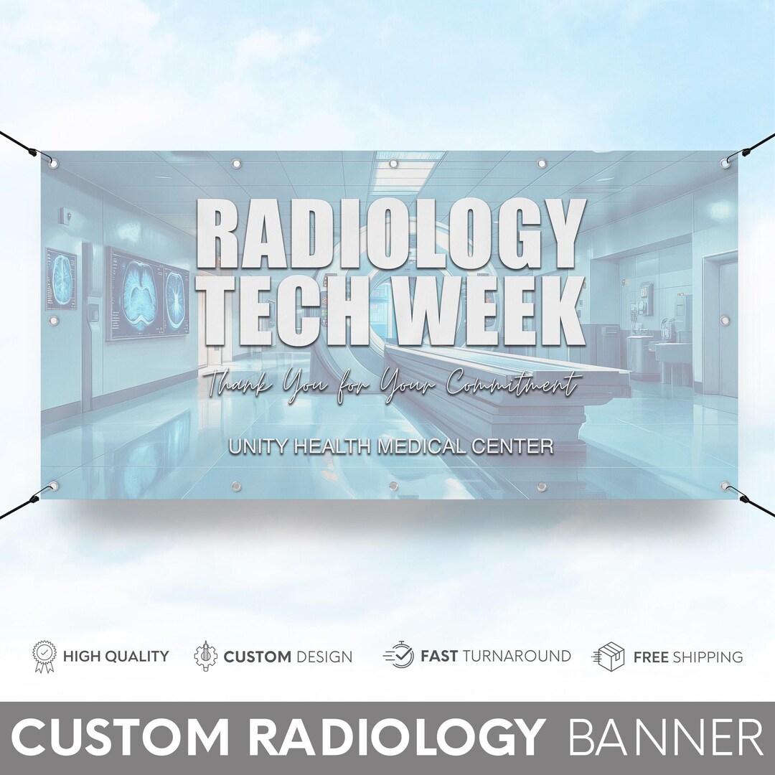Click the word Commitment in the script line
click(x=511, y=385)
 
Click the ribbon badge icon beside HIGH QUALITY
click(x=44, y=656)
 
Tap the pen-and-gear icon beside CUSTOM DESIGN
click(x=206, y=656)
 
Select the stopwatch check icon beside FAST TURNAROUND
click(x=399, y=656)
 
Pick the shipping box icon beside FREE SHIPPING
click(x=608, y=656)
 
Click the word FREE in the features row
click(x=650, y=657)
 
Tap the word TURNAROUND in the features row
click(x=517, y=656)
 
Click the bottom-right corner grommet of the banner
click(x=725, y=487)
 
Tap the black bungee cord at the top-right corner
click(x=753, y=147)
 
